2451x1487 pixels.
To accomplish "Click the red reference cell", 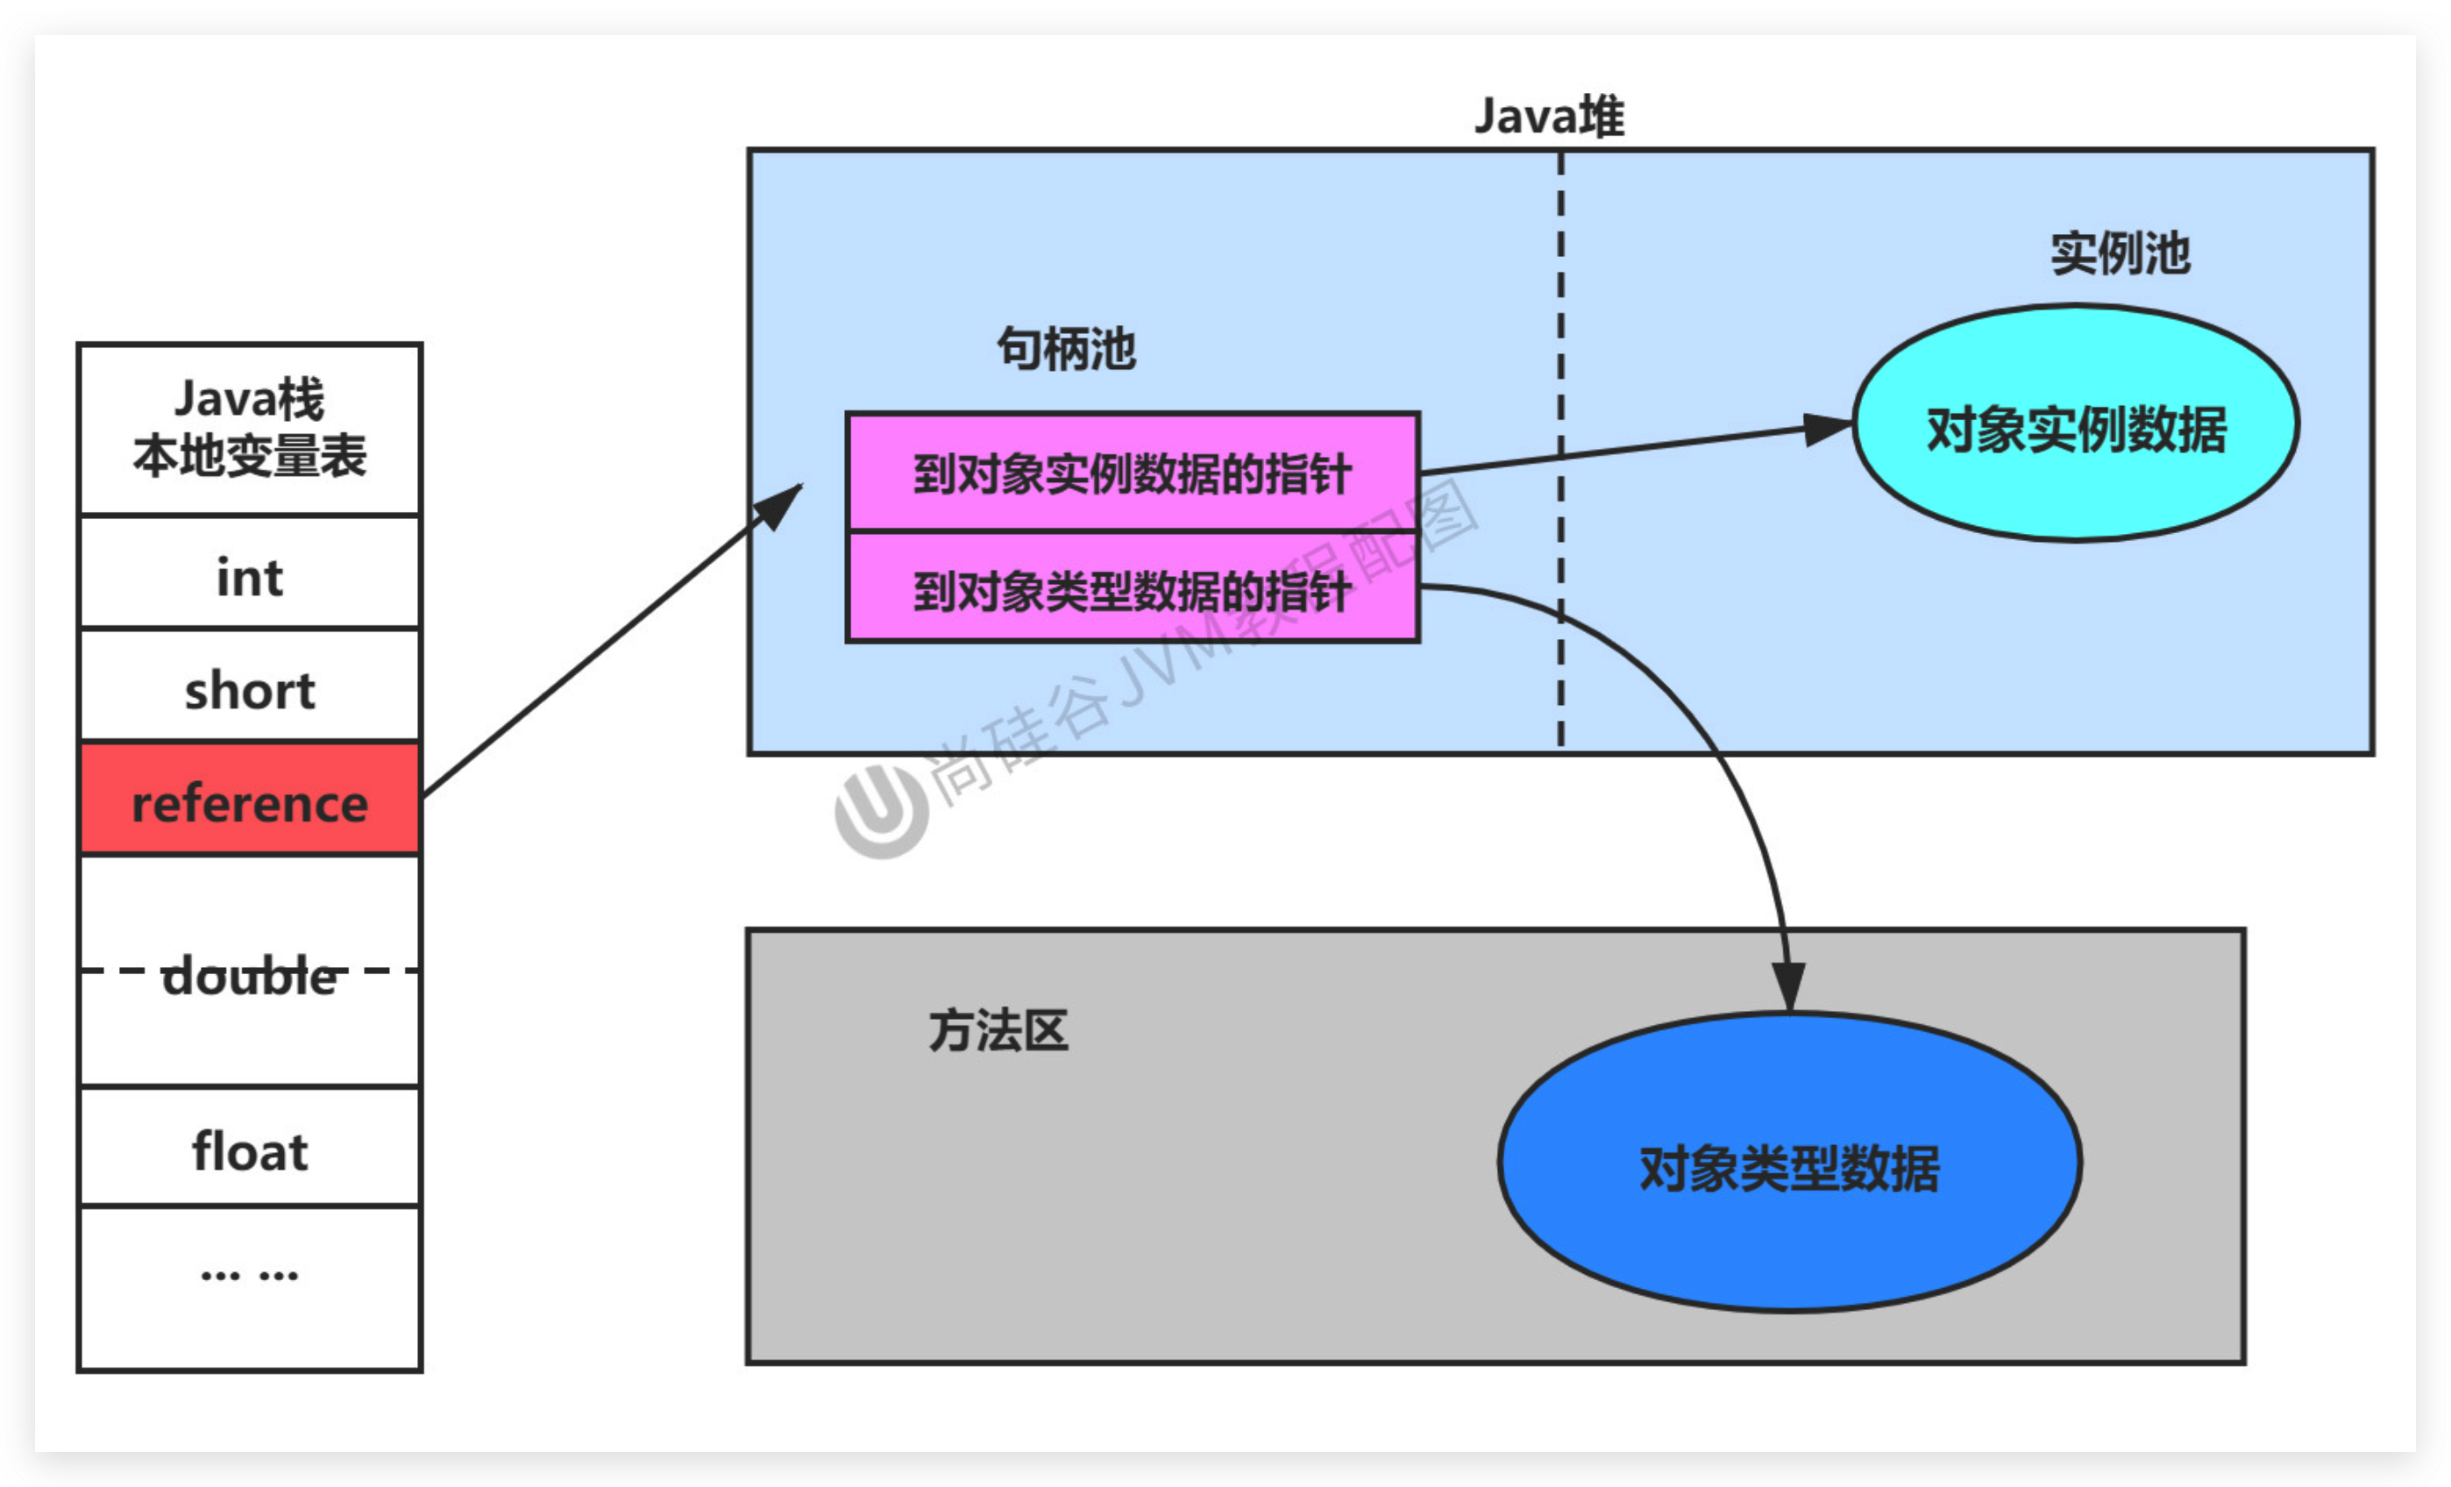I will pyautogui.click(x=250, y=799).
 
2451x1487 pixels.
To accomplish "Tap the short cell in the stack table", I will pyautogui.click(x=250, y=687).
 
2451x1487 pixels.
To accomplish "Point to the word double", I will pyautogui.click(x=250, y=976).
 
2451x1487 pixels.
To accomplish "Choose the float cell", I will pyautogui.click(x=250, y=1149).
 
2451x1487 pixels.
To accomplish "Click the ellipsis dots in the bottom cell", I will pyautogui.click(x=250, y=1275).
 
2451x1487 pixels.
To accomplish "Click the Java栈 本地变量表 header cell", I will pyautogui.click(x=250, y=429).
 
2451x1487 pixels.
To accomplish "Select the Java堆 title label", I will pyautogui.click(x=1549, y=117).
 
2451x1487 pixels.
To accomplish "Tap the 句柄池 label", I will pyautogui.click(x=1065, y=349).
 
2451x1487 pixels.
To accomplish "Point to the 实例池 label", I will pyautogui.click(x=2120, y=253).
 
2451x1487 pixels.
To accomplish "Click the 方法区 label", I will pyautogui.click(x=998, y=1030).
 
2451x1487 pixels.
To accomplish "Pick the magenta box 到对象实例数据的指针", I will pyautogui.click(x=1132, y=473).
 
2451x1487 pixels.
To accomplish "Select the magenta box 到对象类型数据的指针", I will pyautogui.click(x=1132, y=590).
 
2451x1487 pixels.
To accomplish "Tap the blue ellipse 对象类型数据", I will pyautogui.click(x=1788, y=1163).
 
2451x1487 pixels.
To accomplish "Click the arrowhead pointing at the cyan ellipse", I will pyautogui.click(x=1830, y=429).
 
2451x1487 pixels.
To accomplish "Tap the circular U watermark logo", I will pyautogui.click(x=881, y=811).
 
